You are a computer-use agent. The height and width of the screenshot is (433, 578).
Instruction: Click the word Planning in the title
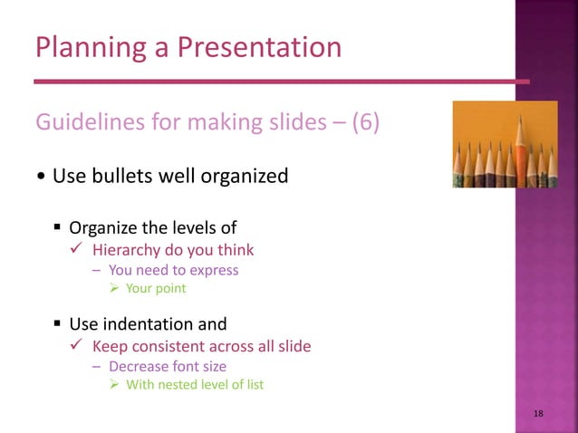coord(83,47)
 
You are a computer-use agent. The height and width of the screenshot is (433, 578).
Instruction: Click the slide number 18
coord(539,413)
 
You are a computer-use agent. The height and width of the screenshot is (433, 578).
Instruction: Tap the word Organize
coord(105,227)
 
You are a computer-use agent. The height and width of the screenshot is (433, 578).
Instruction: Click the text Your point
coord(156,289)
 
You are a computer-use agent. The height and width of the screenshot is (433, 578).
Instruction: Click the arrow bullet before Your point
coord(115,289)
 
